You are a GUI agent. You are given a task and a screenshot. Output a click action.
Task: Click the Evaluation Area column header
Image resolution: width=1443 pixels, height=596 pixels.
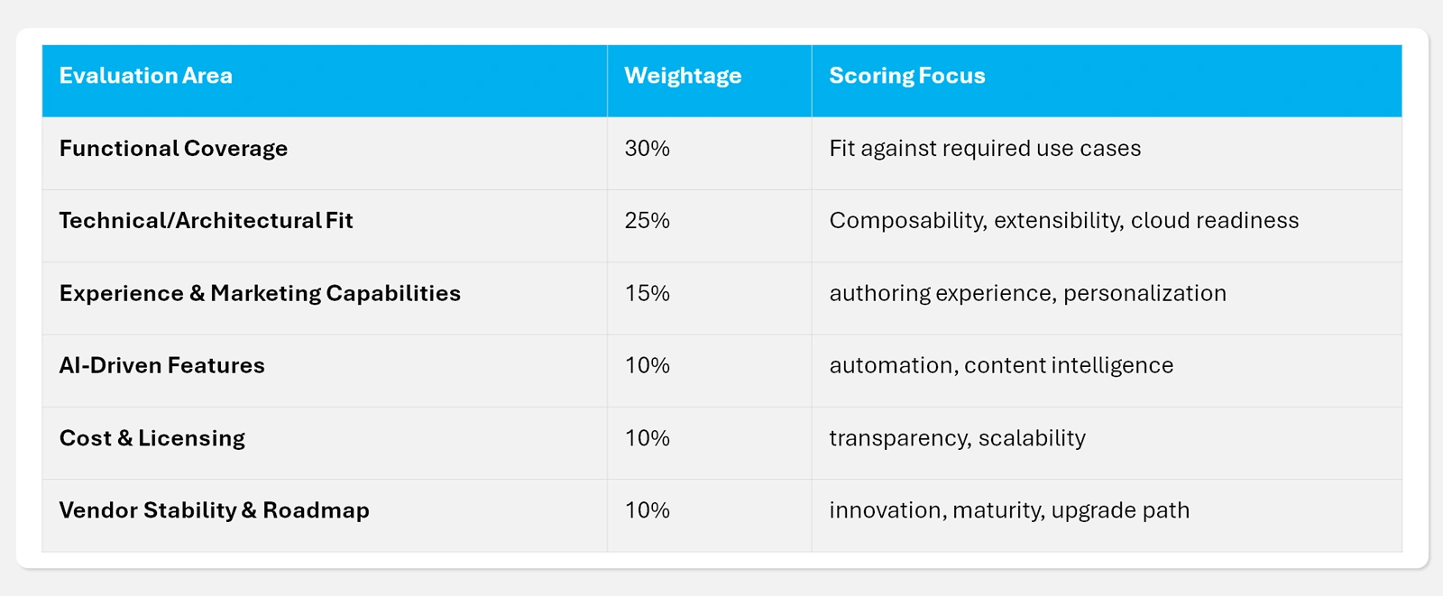(145, 76)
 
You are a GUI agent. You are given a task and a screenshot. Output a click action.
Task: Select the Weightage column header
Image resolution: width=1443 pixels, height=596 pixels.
(683, 76)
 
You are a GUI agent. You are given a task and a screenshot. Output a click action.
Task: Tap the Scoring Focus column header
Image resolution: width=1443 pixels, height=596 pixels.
(906, 76)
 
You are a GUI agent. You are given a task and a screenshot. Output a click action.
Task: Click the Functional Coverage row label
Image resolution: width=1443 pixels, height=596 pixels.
(173, 149)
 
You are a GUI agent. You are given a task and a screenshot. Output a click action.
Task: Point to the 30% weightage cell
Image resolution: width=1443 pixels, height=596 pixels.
(647, 149)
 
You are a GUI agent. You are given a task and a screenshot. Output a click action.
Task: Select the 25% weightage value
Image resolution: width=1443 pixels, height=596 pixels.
(647, 221)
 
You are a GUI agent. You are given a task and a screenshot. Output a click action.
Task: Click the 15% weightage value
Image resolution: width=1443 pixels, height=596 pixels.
(647, 293)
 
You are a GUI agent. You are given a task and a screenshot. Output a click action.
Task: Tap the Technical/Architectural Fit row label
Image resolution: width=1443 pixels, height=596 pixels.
(206, 221)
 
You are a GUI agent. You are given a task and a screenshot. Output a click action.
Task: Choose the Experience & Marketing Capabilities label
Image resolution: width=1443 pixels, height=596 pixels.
(260, 293)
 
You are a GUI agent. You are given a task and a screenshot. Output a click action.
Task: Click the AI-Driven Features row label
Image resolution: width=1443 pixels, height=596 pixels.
(161, 365)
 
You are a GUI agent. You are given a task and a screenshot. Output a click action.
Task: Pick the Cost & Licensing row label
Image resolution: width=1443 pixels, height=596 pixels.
(152, 438)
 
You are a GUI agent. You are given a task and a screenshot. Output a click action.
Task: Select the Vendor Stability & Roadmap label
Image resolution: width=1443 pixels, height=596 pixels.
(214, 510)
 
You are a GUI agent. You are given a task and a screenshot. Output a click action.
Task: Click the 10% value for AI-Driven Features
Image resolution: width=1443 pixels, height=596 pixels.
(647, 365)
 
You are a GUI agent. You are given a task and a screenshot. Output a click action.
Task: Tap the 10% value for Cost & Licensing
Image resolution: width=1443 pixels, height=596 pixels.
(647, 438)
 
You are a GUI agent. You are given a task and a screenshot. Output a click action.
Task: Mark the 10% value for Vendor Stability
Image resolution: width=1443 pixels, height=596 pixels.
(647, 510)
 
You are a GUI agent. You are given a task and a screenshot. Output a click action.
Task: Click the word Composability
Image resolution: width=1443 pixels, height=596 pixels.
(906, 221)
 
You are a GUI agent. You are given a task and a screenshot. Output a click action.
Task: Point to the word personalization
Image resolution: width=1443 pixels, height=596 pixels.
(1144, 293)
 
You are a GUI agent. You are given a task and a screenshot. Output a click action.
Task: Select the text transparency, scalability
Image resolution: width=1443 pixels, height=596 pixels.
(957, 438)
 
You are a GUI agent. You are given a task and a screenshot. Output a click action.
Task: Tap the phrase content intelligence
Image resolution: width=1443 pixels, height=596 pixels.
(1069, 365)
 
